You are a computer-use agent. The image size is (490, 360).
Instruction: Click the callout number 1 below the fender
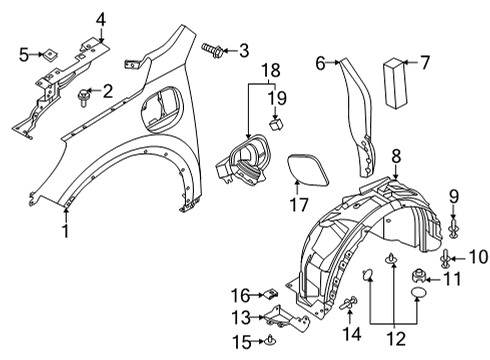coord(65,232)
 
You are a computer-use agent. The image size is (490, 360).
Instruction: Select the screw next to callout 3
coord(212,48)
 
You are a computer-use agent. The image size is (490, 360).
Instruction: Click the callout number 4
coord(100,18)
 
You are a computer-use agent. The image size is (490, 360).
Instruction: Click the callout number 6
coord(321,63)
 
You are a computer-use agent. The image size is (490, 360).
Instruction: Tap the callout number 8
coord(396,155)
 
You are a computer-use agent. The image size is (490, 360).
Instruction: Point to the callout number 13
coord(240,317)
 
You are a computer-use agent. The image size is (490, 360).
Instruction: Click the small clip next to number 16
coord(270,295)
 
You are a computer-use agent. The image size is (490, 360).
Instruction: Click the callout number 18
coord(271,70)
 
